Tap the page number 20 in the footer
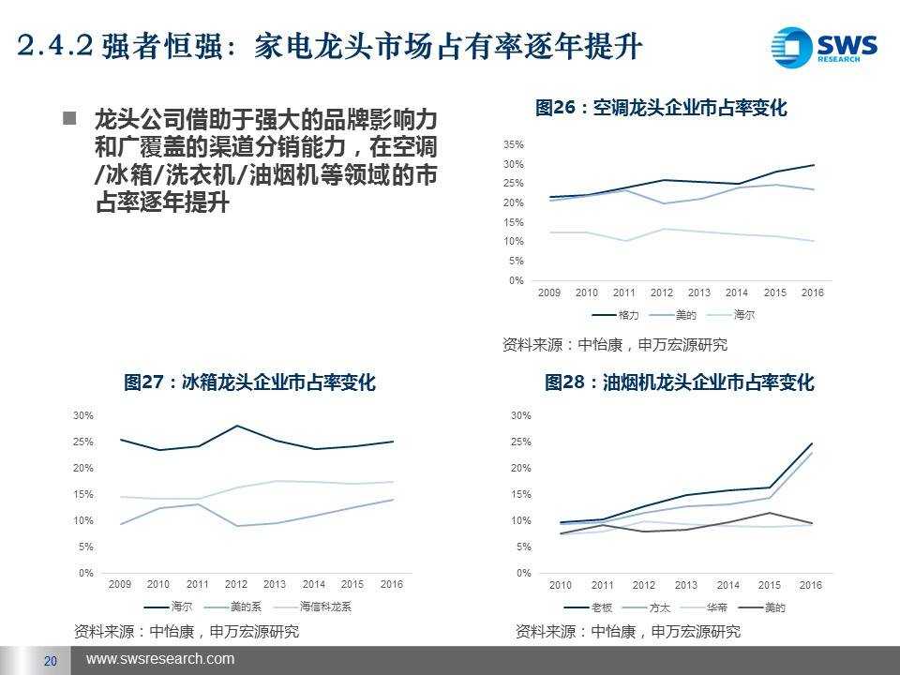point(51,661)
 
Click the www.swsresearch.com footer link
point(160,660)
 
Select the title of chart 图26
point(660,109)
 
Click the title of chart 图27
point(249,382)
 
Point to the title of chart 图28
point(679,382)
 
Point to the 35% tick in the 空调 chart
point(514,145)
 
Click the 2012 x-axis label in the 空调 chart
point(662,293)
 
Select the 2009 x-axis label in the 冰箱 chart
point(120,585)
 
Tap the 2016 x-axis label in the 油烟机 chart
point(810,586)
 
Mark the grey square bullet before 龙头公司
point(68,119)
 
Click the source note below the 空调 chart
point(614,344)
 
